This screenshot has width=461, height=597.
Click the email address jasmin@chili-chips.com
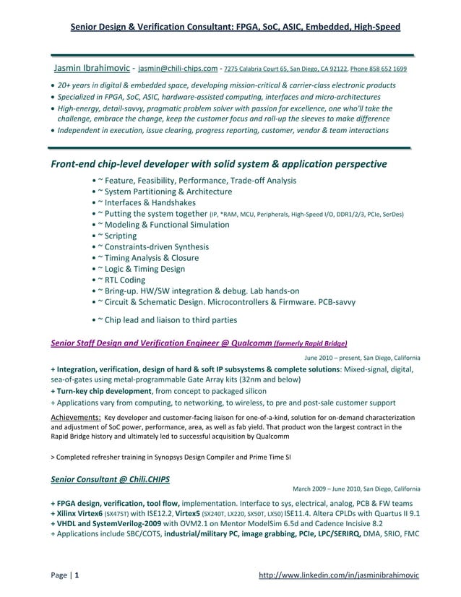[x=178, y=69]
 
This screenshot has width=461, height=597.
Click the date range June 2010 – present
[x=332, y=358]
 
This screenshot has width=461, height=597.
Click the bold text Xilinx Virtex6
[x=80, y=515]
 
